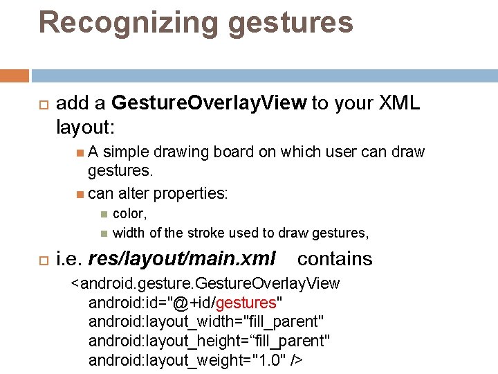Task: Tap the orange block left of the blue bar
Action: point(15,75)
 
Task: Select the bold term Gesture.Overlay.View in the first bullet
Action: point(209,103)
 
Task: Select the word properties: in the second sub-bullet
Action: point(191,193)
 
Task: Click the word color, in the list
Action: point(130,214)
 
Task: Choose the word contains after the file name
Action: point(335,259)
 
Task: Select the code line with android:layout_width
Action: point(206,321)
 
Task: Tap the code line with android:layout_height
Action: point(209,341)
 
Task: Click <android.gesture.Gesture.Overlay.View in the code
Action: point(205,283)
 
